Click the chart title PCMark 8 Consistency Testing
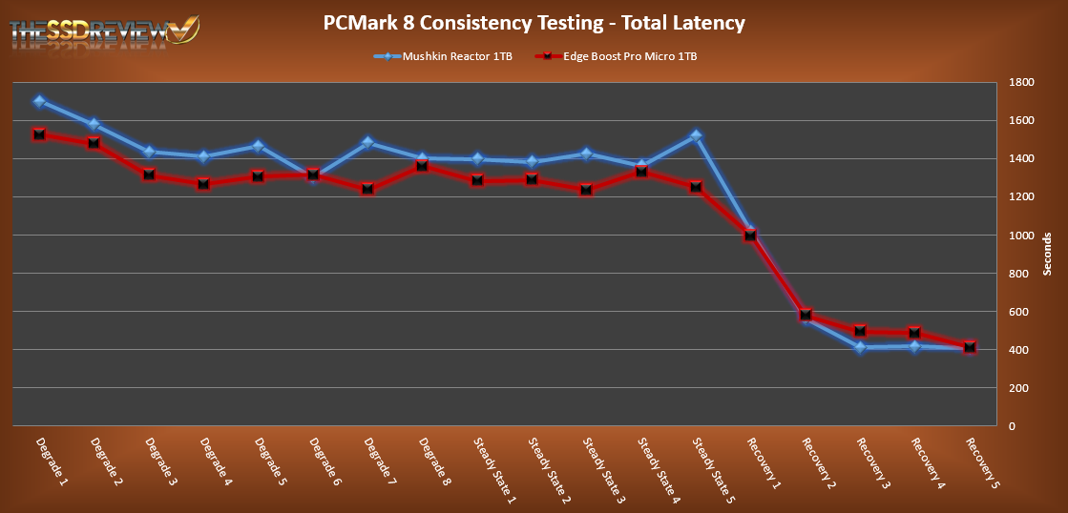(534, 22)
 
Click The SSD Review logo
(105, 29)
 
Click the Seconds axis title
(1048, 254)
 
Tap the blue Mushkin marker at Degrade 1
(38, 101)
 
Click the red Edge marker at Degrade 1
(38, 134)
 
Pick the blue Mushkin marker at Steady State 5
(696, 135)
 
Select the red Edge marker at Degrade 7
(367, 190)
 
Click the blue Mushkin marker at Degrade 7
(367, 143)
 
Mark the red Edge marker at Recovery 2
(806, 315)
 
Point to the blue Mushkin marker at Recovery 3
(860, 348)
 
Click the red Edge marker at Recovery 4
(914, 333)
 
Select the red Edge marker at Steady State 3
(586, 190)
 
